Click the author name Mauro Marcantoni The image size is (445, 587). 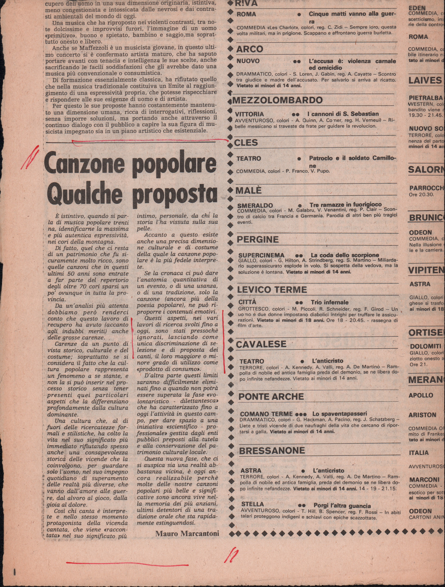[187, 533]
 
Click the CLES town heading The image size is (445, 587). [246, 142]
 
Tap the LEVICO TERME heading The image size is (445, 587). [272, 290]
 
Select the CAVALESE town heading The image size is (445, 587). [261, 344]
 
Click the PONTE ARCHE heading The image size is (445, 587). [271, 397]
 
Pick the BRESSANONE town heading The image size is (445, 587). [272, 451]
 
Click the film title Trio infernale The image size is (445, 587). [329, 303]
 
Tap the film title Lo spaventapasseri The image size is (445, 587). [339, 414]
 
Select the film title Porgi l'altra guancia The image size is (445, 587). [342, 506]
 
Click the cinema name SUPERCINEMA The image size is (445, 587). [261, 255]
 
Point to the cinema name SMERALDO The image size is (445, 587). [255, 205]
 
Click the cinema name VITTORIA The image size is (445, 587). [249, 114]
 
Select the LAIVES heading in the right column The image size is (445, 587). [425, 81]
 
